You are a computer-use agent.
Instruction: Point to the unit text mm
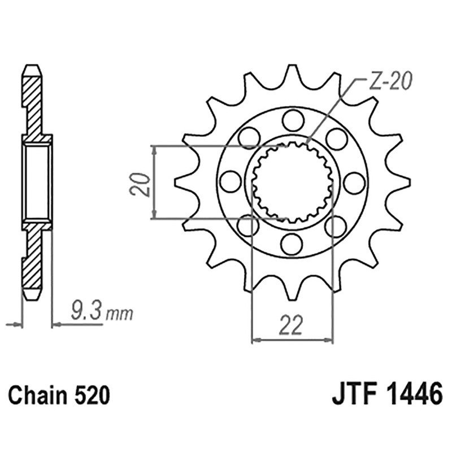119,312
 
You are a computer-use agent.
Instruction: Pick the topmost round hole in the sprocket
292,119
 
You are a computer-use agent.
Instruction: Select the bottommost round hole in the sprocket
292,244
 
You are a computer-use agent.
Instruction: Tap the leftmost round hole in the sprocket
229,181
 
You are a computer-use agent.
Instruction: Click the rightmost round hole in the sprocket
354,181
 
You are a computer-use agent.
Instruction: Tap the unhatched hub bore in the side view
37,182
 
